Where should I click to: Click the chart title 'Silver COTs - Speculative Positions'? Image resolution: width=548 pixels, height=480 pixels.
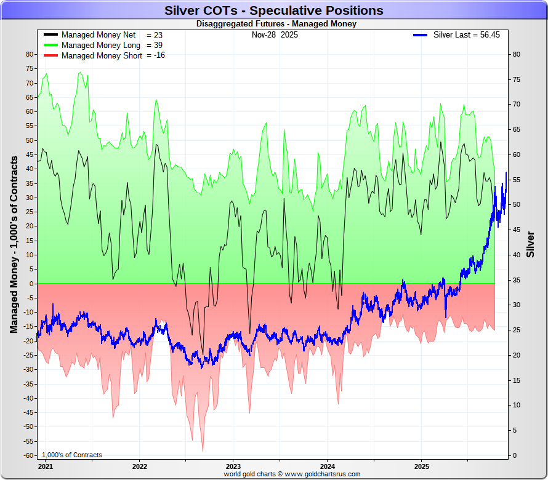coord(273,10)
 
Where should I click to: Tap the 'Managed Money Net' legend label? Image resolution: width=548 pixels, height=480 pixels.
coord(99,35)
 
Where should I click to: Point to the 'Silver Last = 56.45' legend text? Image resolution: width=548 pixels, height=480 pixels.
coord(466,35)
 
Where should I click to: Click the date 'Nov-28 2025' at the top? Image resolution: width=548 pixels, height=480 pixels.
coord(275,35)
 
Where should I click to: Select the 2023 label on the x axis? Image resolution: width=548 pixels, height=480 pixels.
coord(233,466)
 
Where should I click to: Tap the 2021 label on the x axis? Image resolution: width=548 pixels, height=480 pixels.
coord(45,466)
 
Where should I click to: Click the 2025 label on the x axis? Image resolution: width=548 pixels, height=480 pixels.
coord(421,466)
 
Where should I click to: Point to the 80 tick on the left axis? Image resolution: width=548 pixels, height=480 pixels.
coord(29,54)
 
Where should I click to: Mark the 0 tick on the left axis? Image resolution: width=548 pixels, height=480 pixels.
coord(31,284)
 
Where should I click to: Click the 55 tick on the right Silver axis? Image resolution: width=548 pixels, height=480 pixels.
coord(517,180)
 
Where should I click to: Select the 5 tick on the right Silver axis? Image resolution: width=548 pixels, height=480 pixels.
coord(515,430)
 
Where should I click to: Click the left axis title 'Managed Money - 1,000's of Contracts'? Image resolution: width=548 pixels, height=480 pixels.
coord(14,244)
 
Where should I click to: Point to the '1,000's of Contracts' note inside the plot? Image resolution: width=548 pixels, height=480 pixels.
coord(73,455)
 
